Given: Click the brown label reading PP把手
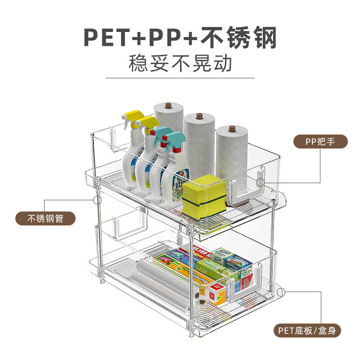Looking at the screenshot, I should click(320, 142).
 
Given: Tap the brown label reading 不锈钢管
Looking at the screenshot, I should click(45, 219).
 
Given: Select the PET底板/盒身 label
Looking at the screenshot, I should click(307, 331).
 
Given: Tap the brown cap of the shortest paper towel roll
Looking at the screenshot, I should click(232, 129).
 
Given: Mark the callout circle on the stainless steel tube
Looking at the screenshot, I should click(95, 198).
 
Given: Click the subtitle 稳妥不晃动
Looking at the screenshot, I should click(180, 63).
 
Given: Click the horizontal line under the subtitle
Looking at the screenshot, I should click(180, 78).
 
